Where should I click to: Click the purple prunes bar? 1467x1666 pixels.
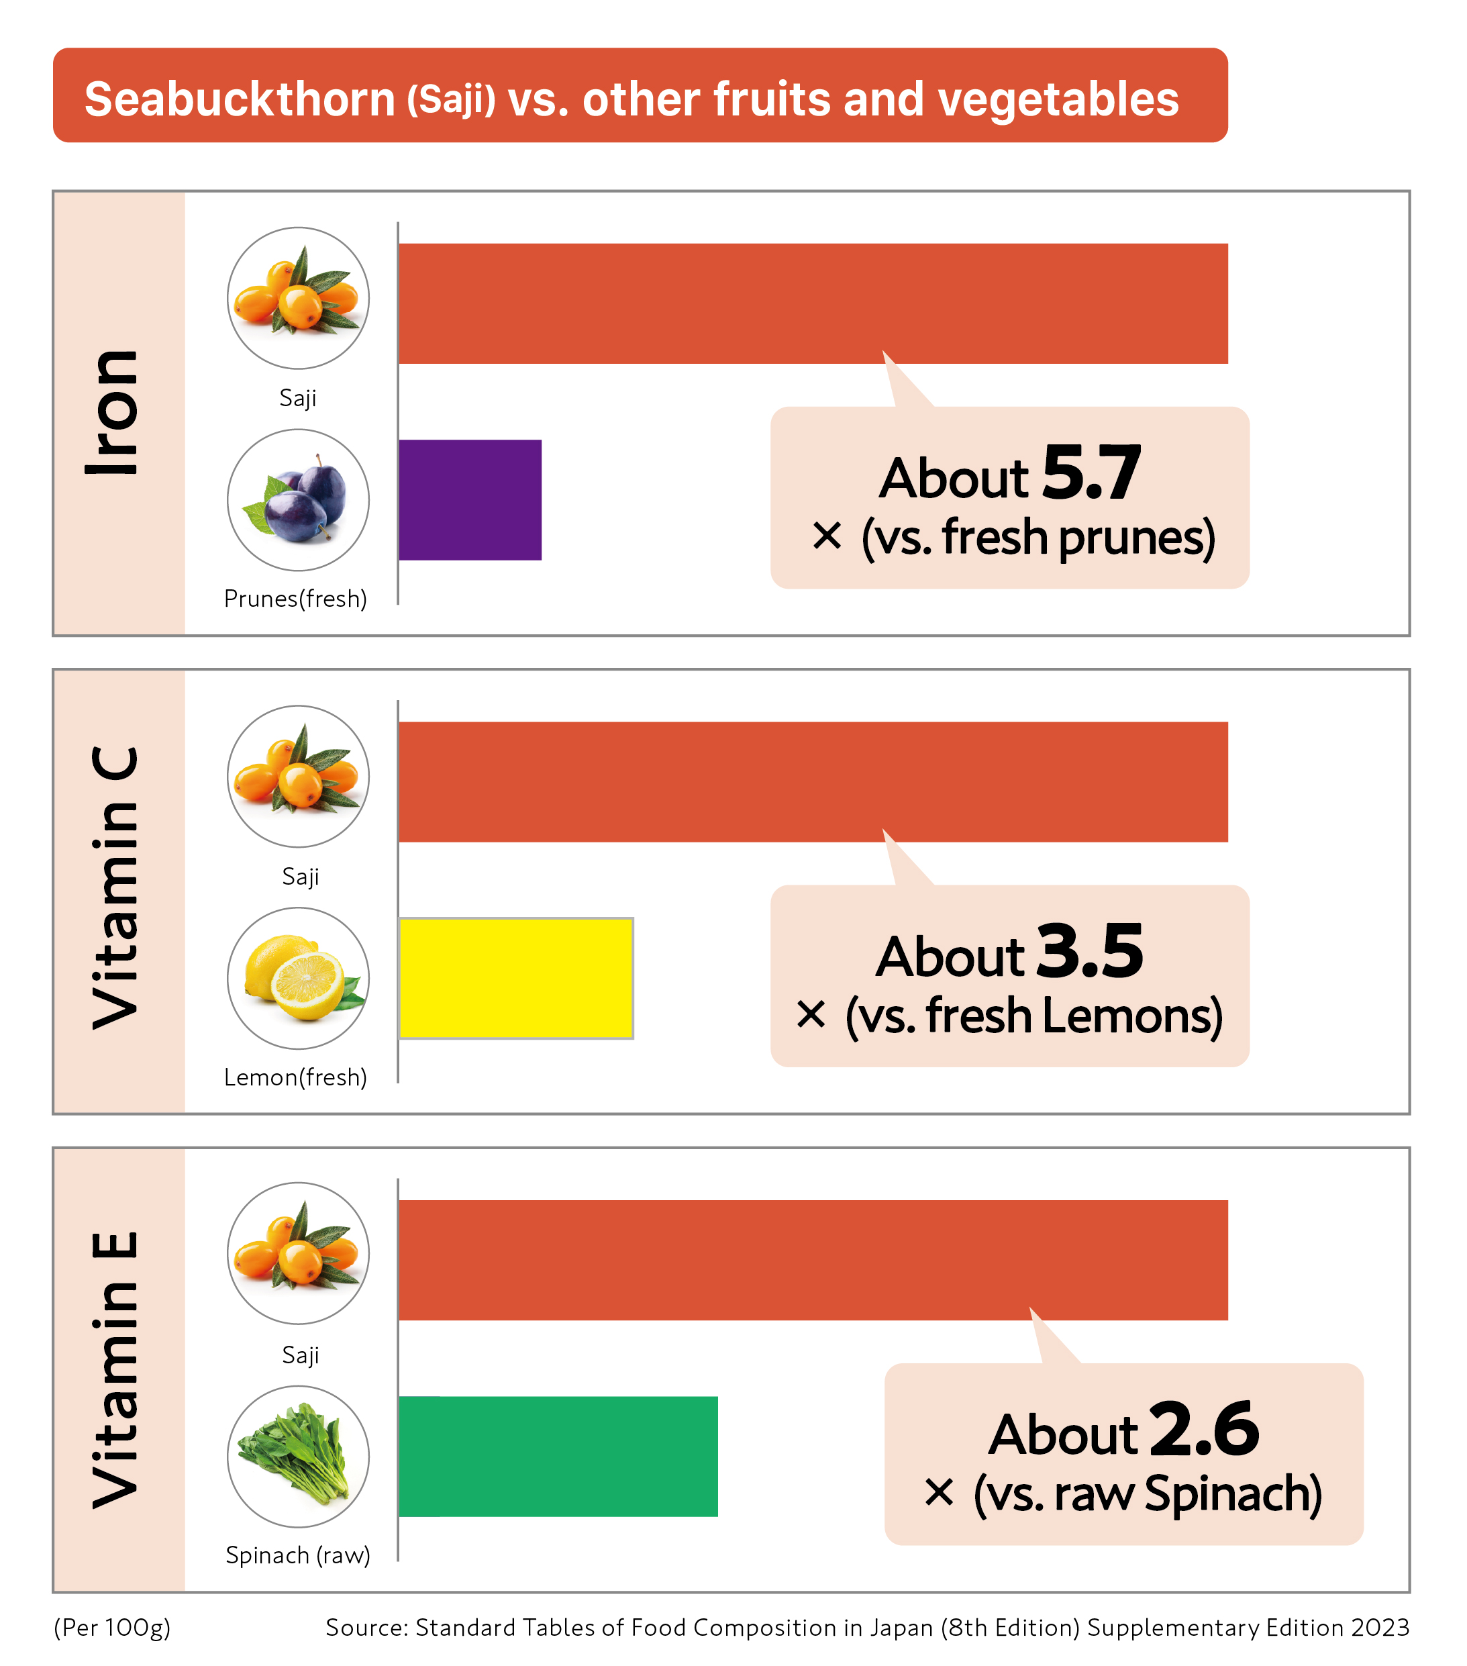coord(470,499)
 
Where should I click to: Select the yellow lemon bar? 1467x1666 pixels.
coord(516,978)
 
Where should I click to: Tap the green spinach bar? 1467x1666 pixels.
coord(558,1457)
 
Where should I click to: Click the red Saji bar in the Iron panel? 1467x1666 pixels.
coord(813,303)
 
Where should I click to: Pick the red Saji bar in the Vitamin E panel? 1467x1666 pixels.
coord(813,1260)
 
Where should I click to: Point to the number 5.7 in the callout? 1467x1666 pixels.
coord(1091,474)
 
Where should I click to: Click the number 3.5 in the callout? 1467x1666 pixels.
coord(1091,952)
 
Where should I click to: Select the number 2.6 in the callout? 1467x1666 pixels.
coord(1205,1430)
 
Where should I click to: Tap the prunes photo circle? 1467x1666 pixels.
coord(298,499)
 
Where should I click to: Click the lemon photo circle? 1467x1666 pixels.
coord(298,978)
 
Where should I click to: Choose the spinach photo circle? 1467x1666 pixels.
coord(298,1457)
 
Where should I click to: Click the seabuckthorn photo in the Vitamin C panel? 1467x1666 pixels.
coord(298,776)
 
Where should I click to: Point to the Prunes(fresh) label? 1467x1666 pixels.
coord(296,599)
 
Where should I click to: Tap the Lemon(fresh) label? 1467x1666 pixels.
coord(296,1077)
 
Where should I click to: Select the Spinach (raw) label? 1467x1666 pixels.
coord(298,1555)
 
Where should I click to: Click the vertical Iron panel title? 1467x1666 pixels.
coord(114,412)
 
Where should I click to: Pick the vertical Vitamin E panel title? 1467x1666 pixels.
coord(114,1369)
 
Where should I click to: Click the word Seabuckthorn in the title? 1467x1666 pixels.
coord(240,99)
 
